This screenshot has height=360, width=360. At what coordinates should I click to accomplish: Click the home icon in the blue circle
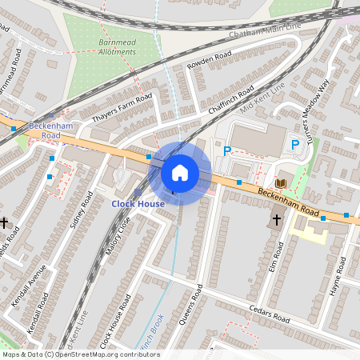click(x=180, y=172)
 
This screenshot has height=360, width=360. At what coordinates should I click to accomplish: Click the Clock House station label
click(x=138, y=203)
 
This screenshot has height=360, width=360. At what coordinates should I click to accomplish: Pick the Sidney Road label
click(x=82, y=209)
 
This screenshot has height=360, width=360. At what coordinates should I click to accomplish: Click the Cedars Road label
click(x=270, y=316)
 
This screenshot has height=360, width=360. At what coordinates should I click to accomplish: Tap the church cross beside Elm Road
click(x=277, y=218)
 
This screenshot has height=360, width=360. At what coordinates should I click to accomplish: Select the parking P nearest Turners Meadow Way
click(x=295, y=145)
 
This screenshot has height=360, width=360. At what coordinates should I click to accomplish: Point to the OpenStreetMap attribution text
click(x=80, y=354)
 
